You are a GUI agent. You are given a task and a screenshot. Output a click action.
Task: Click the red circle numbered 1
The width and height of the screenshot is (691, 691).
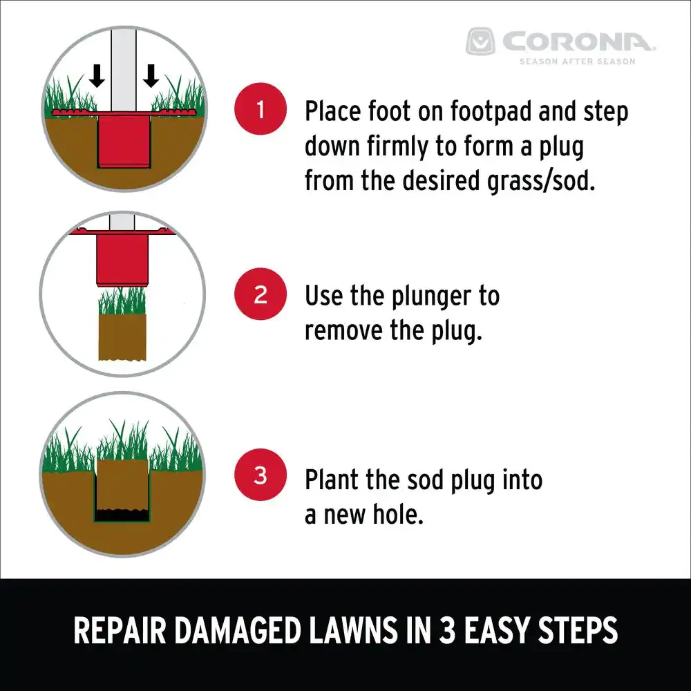coord(261,109)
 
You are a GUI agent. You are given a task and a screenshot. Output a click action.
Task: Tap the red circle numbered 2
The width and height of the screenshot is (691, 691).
coord(261,294)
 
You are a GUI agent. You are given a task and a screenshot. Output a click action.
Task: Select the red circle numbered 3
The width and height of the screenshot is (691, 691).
coord(261,475)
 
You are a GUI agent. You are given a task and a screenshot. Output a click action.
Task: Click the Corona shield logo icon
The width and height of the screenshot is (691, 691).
coord(480,41)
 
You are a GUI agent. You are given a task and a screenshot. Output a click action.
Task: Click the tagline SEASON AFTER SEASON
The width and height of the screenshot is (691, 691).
coord(577,61)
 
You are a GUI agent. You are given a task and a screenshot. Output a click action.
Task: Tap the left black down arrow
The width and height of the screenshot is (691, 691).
coord(97,76)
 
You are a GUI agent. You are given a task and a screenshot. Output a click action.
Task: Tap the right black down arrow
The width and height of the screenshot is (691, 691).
coord(151,76)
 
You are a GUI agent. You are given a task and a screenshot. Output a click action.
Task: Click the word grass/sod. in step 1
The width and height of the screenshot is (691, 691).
coord(541,181)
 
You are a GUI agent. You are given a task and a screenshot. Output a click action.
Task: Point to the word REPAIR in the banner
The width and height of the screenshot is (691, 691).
coord(120,631)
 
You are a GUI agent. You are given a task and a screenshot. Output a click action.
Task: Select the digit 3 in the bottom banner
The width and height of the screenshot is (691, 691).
coord(447,631)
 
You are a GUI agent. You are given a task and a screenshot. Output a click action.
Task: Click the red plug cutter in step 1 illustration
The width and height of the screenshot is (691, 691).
coord(124,140)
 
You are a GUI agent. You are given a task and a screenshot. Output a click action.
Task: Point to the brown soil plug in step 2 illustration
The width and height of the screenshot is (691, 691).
coord(122,337)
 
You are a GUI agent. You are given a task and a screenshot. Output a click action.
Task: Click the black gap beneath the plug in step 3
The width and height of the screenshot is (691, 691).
coord(122,515)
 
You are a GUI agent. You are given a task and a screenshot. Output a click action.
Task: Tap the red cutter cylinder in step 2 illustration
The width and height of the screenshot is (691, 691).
coord(122,260)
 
